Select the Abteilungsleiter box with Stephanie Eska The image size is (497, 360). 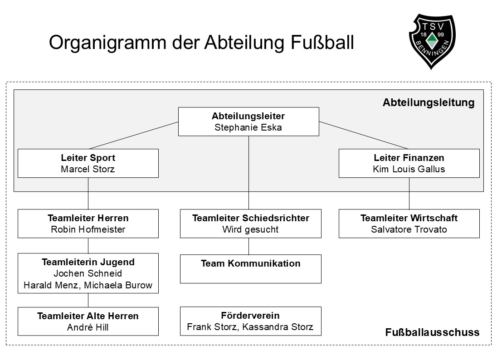248,122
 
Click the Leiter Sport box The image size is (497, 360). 88,163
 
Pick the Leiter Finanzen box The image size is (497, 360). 409,163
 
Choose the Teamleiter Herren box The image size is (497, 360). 88,224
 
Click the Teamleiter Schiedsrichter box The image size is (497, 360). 250,224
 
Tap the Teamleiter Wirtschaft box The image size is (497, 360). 409,224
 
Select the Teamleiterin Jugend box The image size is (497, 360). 88,273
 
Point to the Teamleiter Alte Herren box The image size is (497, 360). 88,321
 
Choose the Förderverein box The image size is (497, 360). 250,321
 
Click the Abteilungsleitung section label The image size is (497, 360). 428,102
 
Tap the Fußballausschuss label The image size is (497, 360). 432,332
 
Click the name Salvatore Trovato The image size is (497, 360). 409,229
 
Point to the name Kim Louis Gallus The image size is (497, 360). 409,169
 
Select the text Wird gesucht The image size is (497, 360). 250,229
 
